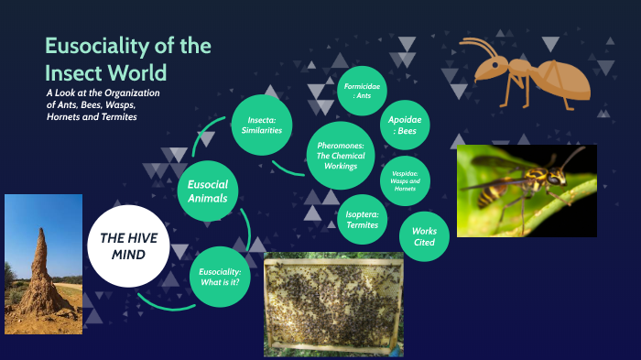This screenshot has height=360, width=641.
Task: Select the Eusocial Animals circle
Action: [208, 190]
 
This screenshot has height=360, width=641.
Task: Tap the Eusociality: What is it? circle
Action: [220, 278]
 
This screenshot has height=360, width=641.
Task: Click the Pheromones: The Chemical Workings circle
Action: [341, 156]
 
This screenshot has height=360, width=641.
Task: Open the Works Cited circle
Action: [425, 236]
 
